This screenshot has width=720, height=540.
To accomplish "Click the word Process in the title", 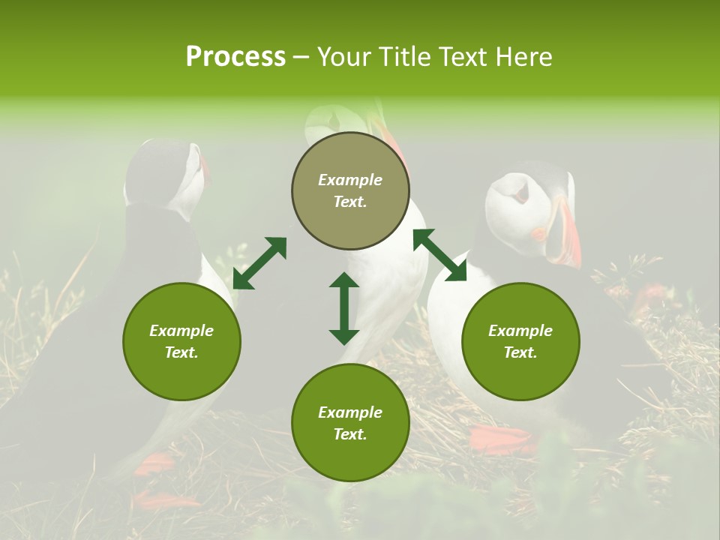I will click(x=235, y=57).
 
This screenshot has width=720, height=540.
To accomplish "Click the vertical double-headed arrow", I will click(x=344, y=308).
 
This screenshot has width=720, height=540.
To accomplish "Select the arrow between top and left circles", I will click(x=259, y=263).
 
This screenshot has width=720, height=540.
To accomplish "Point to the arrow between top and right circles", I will click(x=439, y=255).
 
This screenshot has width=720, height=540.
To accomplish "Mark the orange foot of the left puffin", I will click(x=153, y=465).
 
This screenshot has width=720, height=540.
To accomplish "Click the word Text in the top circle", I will click(x=350, y=202).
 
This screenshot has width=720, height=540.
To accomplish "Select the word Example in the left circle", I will click(x=181, y=331).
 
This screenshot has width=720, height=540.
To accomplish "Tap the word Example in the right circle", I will click(x=520, y=331).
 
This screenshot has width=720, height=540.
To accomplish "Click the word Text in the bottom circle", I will click(x=350, y=434).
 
